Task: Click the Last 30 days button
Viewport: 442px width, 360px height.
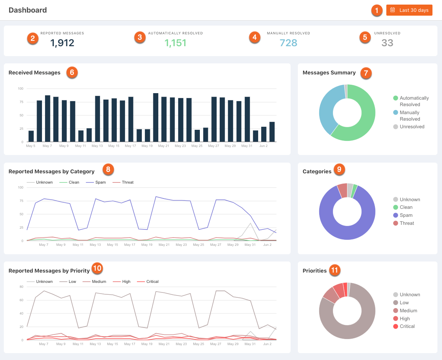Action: coord(409,10)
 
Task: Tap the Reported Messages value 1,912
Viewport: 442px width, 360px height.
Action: coord(62,43)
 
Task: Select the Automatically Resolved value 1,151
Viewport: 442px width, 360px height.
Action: coord(175,43)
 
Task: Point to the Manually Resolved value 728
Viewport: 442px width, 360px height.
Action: coord(288,43)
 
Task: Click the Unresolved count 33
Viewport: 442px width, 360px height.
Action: coord(387,43)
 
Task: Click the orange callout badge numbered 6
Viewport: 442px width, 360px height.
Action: coord(72,73)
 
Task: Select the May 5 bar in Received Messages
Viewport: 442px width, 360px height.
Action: coord(31,136)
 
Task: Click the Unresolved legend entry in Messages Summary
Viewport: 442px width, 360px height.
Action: coord(409,127)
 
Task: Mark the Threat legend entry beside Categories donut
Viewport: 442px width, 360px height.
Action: coord(403,223)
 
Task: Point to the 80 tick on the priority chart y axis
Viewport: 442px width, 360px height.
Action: coord(21,287)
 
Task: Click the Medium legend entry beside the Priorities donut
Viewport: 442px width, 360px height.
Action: coord(405,311)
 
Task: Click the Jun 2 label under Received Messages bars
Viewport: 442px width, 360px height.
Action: coord(263,146)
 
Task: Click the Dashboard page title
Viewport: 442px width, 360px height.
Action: coord(27,10)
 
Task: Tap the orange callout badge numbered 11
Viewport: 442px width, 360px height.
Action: coord(334,270)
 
